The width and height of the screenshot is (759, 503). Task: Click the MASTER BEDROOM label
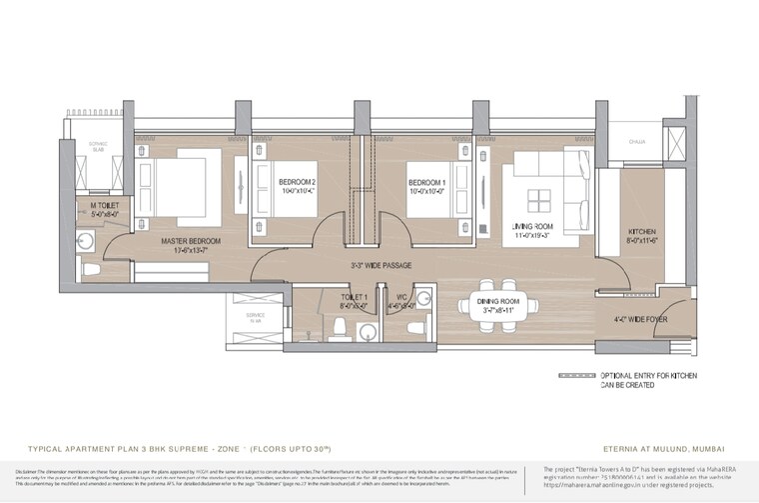point(178,241)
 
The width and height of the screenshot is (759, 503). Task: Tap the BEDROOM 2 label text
point(298,181)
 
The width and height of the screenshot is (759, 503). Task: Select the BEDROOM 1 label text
point(426,181)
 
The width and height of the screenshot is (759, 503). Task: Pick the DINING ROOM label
point(496,301)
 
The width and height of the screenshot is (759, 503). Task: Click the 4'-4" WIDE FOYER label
point(640,320)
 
